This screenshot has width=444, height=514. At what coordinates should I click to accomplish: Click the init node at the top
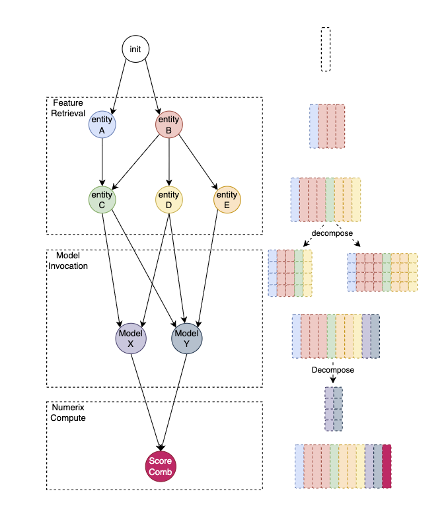135,50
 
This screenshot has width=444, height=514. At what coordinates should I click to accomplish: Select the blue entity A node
102,125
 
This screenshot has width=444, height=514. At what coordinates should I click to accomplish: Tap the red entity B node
168,124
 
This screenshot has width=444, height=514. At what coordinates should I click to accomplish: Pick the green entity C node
102,200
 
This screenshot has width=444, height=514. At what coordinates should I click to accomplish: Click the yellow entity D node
168,200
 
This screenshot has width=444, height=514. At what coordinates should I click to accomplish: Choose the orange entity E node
227,200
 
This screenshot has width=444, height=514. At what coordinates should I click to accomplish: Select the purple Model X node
131,339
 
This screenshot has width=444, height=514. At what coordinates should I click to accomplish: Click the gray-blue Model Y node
187,339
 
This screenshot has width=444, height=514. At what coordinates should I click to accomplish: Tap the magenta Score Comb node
160,466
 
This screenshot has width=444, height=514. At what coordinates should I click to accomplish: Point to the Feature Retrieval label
69,108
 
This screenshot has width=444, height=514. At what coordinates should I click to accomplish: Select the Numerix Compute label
69,413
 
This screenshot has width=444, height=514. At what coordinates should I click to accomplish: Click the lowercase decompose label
332,234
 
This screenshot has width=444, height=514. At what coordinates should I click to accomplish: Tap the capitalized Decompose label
333,370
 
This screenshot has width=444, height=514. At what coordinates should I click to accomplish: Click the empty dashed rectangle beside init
325,49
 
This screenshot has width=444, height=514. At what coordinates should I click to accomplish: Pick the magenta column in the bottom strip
387,466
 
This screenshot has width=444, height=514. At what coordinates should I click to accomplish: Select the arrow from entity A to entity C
102,162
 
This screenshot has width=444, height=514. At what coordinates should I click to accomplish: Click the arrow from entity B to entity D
168,162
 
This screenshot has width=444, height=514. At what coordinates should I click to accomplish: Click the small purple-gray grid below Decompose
334,408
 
